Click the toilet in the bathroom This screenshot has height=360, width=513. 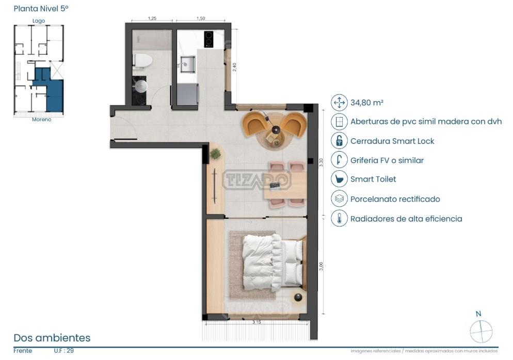click(142, 61)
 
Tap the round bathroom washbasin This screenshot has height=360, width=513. click(141, 86)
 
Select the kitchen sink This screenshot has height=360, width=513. click(187, 64)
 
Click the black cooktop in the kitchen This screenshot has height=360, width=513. click(209, 39)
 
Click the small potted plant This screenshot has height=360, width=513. click(215, 154)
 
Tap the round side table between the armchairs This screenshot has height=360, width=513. click(276, 130)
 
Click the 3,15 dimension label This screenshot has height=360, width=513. click(256, 322)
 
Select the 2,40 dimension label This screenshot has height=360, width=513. click(234, 67)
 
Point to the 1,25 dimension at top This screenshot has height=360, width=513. click(152, 19)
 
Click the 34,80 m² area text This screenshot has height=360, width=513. click(367, 103)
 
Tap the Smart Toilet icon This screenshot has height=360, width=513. click(339, 179)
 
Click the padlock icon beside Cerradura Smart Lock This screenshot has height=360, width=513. click(339, 141)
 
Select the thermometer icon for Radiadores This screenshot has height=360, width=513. click(339, 218)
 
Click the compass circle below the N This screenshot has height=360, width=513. click(481, 331)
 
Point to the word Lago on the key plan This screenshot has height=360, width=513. click(39, 21)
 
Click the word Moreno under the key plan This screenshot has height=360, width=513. click(42, 120)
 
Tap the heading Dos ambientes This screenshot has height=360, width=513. click(52, 338)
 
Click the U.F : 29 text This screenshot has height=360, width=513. click(64, 351)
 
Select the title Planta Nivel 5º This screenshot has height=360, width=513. click(41, 8)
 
